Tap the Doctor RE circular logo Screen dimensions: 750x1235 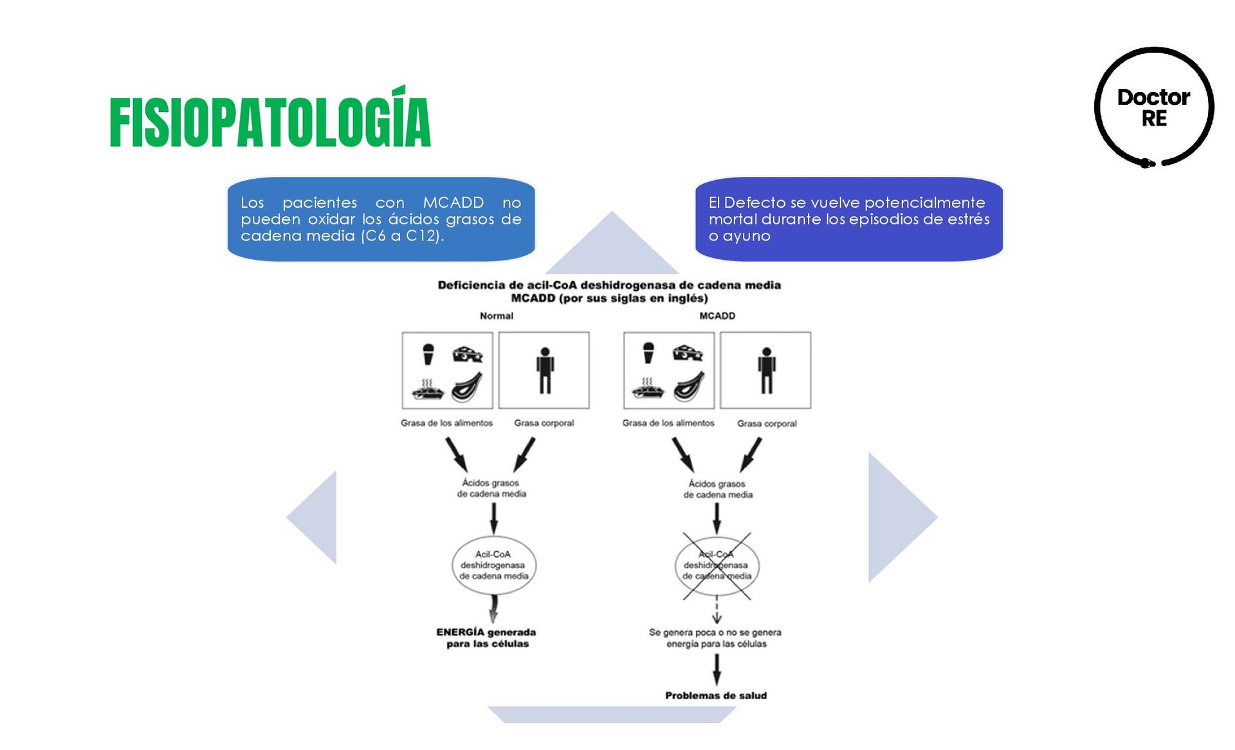[x=1154, y=107]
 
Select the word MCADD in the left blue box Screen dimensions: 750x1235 [x=453, y=203]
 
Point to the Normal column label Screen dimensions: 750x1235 [x=496, y=316]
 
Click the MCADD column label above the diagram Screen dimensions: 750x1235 [x=717, y=316]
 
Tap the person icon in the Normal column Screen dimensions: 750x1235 [x=545, y=370]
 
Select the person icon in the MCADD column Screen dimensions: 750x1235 [x=766, y=370]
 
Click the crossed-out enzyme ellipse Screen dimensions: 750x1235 [x=717, y=566]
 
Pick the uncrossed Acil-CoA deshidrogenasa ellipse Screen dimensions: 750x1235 [x=493, y=565]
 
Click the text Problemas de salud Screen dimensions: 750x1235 [x=715, y=695]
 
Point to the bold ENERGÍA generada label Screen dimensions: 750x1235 [x=486, y=633]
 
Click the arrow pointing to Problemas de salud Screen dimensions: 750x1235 [x=717, y=669]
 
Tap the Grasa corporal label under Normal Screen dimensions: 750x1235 [x=544, y=423]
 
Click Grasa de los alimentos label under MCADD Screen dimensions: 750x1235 [x=668, y=423]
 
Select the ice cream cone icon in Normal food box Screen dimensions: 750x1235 [x=428, y=354]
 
